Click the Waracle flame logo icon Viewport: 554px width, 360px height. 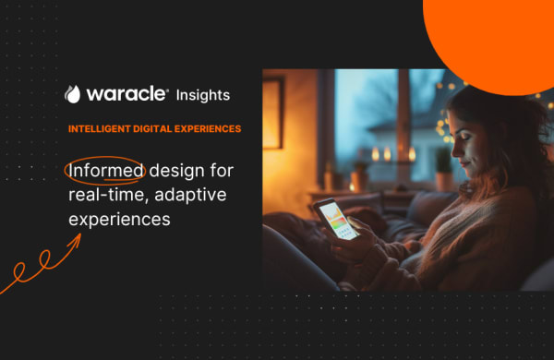pyautogui.click(x=73, y=94)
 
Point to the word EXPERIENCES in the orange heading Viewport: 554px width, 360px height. pyautogui.click(x=208, y=128)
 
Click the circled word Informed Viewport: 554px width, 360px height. pyautogui.click(x=105, y=171)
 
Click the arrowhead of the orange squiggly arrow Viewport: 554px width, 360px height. pyautogui.click(x=78, y=238)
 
